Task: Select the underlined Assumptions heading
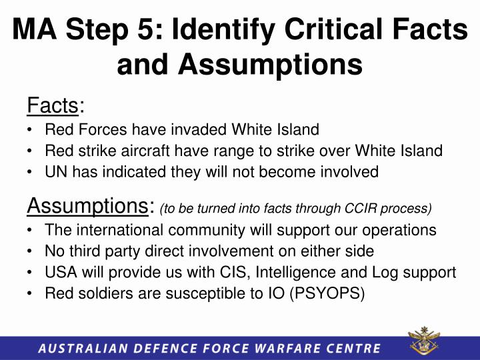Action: click(x=89, y=207)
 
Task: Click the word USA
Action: click(x=60, y=273)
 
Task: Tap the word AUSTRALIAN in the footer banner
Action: click(x=79, y=347)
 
